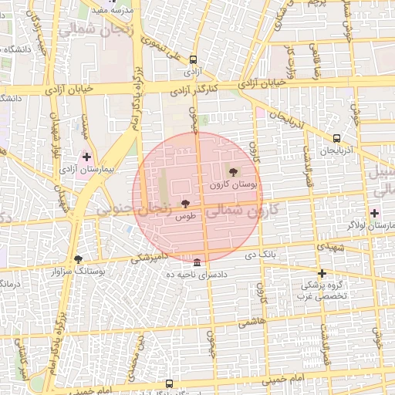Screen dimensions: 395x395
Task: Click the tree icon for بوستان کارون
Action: [234, 172]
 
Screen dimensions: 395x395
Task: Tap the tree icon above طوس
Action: [184, 204]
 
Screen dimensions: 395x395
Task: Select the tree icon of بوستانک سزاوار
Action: [78, 259]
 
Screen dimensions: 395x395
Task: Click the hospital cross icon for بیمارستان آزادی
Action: [87, 156]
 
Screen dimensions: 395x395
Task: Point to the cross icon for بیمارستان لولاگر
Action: [375, 213]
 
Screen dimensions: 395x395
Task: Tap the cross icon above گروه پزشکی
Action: [322, 273]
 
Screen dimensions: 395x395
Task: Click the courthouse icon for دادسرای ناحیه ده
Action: [197, 262]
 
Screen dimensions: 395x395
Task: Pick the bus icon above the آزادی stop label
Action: [192, 59]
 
